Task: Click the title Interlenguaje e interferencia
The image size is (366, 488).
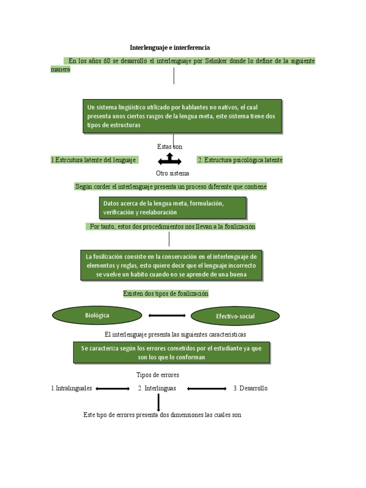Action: click(170, 48)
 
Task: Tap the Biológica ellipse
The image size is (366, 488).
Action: click(97, 315)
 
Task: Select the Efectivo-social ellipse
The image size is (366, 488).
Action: click(235, 316)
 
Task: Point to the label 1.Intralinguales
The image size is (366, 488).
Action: click(71, 388)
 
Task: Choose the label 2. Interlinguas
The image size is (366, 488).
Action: click(157, 388)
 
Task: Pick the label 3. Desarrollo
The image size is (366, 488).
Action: click(250, 388)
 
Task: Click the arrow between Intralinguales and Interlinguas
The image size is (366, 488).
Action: click(112, 389)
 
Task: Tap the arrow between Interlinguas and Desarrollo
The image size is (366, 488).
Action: click(207, 389)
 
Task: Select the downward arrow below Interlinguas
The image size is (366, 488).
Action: click(158, 402)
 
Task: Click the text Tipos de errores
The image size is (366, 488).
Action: click(158, 375)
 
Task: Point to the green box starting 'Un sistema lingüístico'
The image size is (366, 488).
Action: click(182, 116)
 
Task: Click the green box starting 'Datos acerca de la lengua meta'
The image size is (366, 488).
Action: click(173, 208)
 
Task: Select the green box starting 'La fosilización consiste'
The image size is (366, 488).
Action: click(171, 266)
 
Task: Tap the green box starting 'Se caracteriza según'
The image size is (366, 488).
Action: click(171, 353)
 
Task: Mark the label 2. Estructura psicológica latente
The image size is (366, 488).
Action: click(240, 160)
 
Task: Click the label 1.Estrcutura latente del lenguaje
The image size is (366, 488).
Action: click(94, 160)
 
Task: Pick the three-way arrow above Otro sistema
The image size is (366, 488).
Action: click(170, 159)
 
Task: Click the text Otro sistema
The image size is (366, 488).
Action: click(173, 173)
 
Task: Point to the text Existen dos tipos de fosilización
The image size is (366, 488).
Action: click(166, 294)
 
